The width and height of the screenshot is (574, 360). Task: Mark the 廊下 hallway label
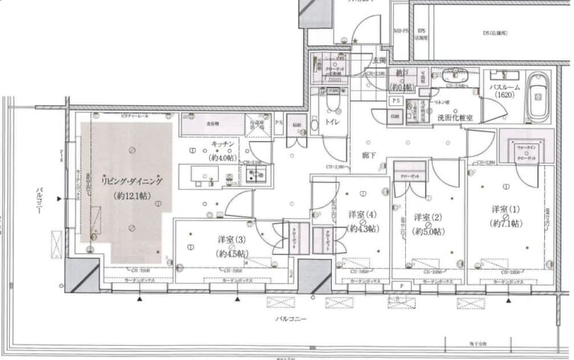coord(368,155)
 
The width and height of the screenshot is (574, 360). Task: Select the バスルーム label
coord(500,87)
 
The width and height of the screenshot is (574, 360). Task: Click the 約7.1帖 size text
coord(506,223)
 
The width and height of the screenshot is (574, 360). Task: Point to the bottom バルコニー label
coord(288,318)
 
